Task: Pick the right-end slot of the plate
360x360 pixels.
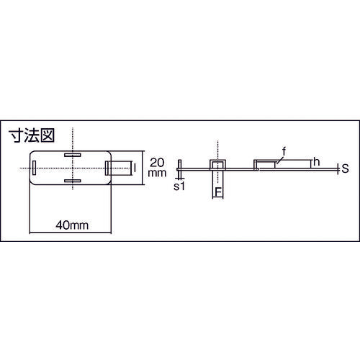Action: [x=108, y=168]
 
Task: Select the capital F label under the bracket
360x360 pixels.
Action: [x=217, y=192]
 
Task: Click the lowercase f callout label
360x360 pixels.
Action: [x=284, y=151]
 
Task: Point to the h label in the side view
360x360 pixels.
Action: [x=315, y=163]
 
